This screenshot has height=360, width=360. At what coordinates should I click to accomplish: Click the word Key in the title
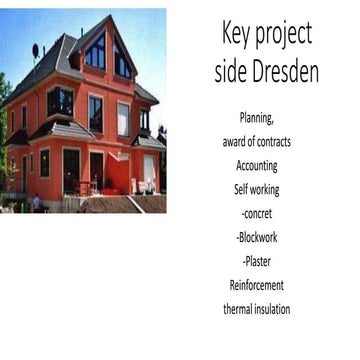236,35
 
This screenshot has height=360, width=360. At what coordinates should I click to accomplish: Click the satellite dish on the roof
37,50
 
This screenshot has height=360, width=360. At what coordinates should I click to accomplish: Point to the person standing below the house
37,201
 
